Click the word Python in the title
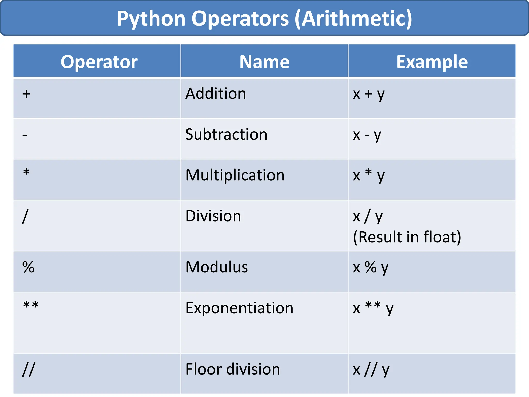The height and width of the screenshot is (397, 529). tap(151, 19)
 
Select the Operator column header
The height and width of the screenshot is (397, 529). tap(99, 62)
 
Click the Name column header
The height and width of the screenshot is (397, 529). tap(264, 62)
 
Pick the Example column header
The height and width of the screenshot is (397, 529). tap(432, 62)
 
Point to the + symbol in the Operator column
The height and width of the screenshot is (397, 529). tap(26, 94)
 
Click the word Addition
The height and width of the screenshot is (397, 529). tap(216, 93)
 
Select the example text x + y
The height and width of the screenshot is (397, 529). tap(369, 94)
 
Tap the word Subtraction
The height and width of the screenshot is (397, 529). tap(226, 134)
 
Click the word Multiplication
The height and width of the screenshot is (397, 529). tap(235, 175)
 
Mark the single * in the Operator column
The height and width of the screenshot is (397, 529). tap(26, 172)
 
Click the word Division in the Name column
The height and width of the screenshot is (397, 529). tap(213, 216)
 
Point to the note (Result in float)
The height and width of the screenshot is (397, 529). tap(407, 237)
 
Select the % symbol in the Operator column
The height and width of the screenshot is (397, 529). tap(28, 267)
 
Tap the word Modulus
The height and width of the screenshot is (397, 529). tap(217, 267)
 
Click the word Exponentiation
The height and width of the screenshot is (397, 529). tap(239, 308)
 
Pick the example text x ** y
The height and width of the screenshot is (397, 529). tap(373, 308)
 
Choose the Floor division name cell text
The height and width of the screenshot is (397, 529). tap(233, 369)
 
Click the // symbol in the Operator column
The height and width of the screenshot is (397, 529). tap(28, 369)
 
